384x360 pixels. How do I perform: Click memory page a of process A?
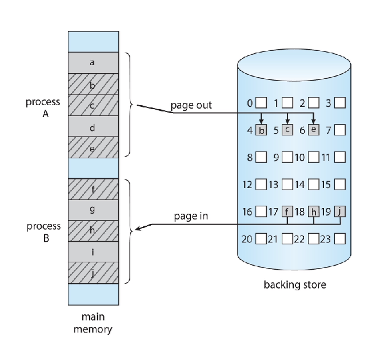click(93, 62)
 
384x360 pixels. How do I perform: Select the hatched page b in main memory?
click(93, 83)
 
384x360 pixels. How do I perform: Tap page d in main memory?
click(93, 126)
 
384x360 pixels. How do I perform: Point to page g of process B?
click(93, 210)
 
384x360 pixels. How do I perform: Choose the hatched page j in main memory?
click(93, 273)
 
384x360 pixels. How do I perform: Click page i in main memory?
click(93, 251)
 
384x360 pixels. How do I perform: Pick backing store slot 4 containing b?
click(261, 130)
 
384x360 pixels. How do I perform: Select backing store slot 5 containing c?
click(288, 130)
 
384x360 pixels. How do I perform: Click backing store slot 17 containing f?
click(287, 211)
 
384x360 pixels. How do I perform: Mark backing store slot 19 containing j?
click(341, 211)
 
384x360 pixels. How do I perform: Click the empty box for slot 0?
click(261, 103)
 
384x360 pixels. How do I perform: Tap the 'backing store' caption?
click(295, 284)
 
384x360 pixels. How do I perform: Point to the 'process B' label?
click(43, 233)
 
